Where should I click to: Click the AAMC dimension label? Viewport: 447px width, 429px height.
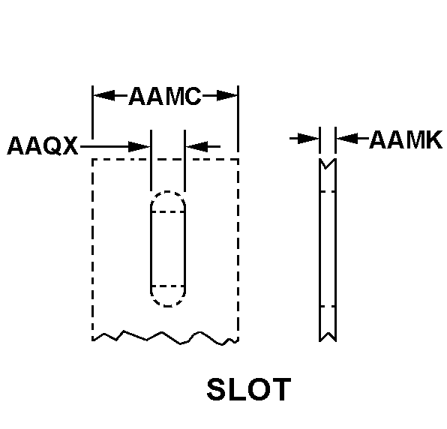(165, 96)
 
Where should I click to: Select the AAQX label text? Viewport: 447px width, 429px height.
(43, 146)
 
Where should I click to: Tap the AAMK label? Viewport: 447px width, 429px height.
(406, 139)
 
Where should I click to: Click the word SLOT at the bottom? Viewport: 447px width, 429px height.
(249, 389)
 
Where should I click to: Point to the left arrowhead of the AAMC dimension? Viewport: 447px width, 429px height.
(104, 95)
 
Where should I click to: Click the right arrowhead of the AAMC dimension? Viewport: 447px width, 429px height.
(227, 95)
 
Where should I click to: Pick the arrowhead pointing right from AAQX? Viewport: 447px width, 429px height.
(139, 147)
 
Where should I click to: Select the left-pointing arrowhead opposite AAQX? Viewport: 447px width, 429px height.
(197, 146)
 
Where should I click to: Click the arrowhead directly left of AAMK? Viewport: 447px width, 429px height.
(347, 139)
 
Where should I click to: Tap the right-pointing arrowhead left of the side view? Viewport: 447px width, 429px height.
(308, 139)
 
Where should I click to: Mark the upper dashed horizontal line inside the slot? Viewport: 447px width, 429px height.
(168, 211)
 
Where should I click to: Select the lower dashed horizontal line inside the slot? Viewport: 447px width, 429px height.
(168, 286)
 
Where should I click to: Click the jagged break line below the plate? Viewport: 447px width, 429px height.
(165, 339)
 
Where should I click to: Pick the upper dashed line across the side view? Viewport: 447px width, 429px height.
(328, 192)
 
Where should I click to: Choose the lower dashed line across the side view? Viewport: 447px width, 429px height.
(328, 307)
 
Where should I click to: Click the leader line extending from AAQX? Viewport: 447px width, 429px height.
(104, 147)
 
